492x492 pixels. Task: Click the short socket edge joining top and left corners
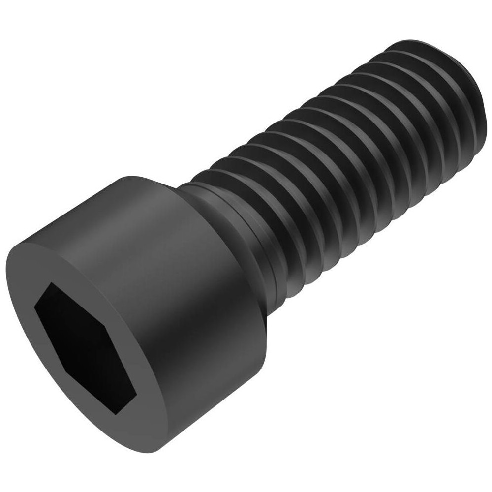pyautogui.click(x=42, y=295)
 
